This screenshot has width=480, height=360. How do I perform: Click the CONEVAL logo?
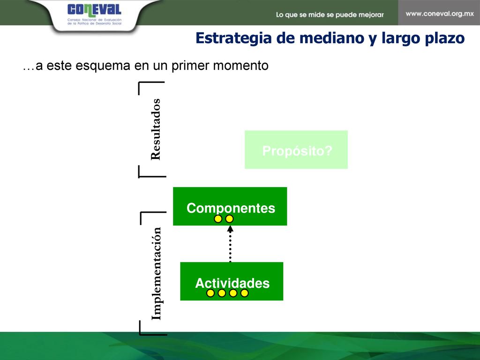(94, 15)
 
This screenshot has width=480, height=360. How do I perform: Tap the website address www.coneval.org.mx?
(440, 14)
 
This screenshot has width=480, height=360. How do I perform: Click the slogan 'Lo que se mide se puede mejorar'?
(330, 15)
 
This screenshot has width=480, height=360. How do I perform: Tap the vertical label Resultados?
(156, 129)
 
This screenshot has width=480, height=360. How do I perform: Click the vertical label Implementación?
(156, 273)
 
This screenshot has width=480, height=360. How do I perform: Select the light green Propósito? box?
(296, 150)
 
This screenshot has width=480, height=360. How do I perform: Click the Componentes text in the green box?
(231, 208)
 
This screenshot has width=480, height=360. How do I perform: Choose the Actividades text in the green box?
(232, 283)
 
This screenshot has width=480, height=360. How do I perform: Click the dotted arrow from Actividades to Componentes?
(230, 244)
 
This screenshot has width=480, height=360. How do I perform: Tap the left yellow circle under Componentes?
(218, 219)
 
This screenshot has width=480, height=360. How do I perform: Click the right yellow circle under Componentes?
(229, 219)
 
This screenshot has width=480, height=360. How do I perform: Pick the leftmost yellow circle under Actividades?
(210, 293)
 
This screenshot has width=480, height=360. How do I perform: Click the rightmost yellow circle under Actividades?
(244, 293)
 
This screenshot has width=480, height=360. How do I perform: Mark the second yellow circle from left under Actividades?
(222, 293)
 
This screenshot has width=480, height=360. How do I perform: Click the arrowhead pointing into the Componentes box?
(230, 228)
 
